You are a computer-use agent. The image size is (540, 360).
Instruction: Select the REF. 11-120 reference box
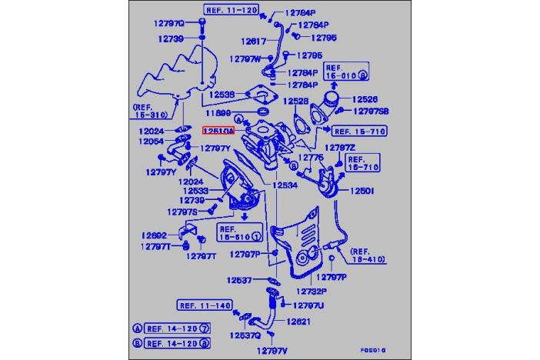click(230, 10)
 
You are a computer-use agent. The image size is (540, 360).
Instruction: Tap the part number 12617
click(252, 42)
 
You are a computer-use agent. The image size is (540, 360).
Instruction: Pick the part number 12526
click(365, 99)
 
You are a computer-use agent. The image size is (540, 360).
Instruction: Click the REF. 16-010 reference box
click(348, 72)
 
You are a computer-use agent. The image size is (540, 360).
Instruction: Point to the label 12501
click(362, 190)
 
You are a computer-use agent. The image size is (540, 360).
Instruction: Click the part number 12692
click(154, 235)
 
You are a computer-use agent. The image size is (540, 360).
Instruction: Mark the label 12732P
click(312, 292)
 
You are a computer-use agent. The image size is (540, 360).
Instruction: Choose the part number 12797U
click(308, 305)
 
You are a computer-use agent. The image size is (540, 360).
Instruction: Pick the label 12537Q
click(243, 335)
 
